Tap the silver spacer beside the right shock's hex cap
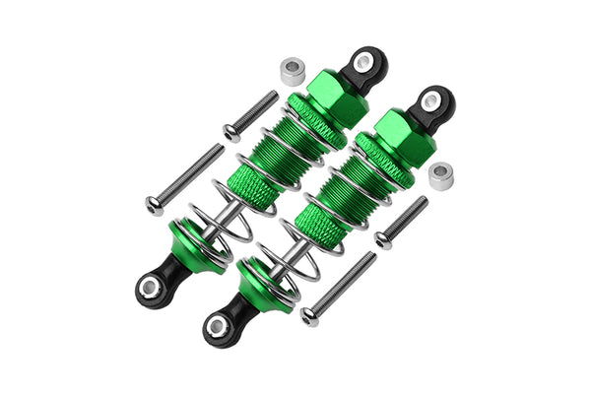[x=440, y=175]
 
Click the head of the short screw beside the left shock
[x=230, y=133]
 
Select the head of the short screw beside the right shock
[x=382, y=239]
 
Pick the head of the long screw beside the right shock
[x=309, y=315]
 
